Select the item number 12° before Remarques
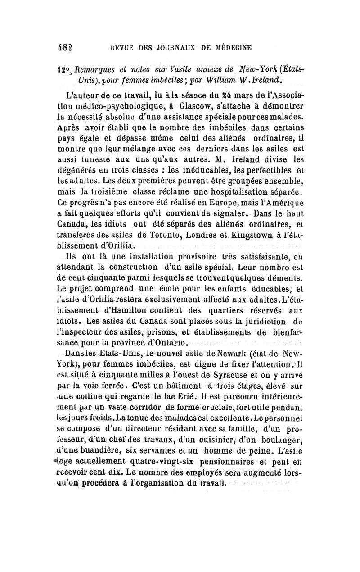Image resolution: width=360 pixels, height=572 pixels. pos(66,71)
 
